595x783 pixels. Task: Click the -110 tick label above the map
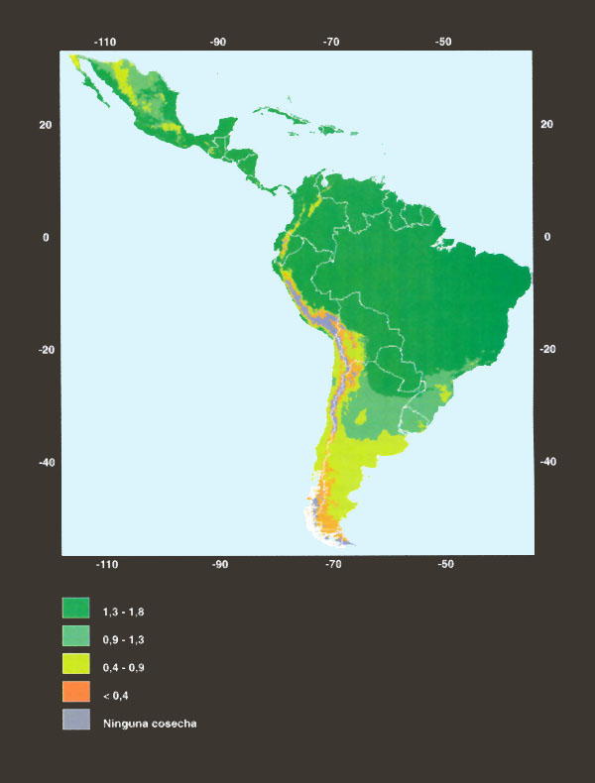coord(106,43)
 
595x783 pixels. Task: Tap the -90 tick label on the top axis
coord(219,43)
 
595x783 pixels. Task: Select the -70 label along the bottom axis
coord(332,565)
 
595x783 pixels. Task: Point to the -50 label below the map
coord(445,565)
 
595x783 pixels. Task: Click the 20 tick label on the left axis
coord(46,125)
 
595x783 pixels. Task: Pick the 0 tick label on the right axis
coord(548,238)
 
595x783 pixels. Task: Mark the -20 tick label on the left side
coord(45,350)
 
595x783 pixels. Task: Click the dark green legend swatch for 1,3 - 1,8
coord(76,608)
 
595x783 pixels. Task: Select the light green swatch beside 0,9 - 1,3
coord(76,636)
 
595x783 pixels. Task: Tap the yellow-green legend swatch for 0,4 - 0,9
coord(76,664)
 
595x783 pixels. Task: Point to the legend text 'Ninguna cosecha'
coord(150,724)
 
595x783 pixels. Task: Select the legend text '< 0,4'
coord(116,695)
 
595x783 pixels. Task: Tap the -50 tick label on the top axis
coord(445,43)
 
